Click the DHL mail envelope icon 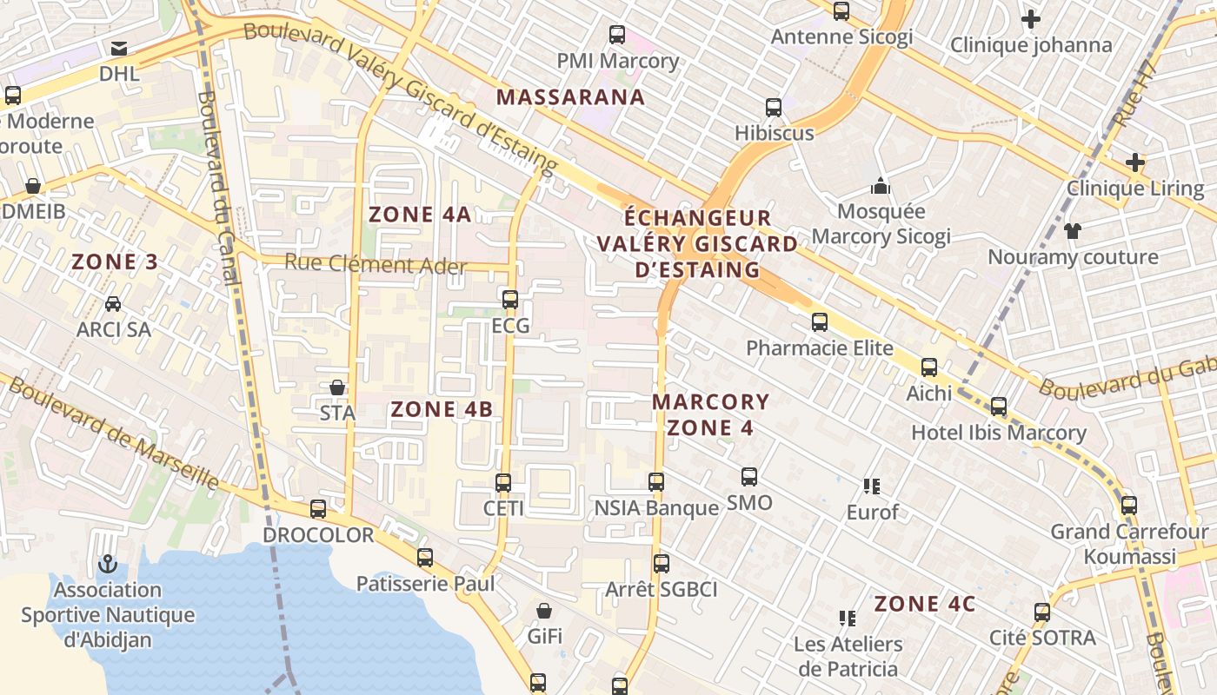(x=119, y=48)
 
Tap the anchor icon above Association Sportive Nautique (x=108, y=564)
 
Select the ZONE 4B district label (x=442, y=409)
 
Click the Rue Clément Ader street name (x=376, y=265)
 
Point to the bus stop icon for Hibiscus (x=774, y=108)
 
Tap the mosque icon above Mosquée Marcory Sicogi (x=881, y=186)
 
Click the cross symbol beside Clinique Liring (x=1134, y=162)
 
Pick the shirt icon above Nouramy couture (x=1072, y=231)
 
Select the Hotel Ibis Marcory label (x=998, y=433)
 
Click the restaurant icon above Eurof (x=872, y=486)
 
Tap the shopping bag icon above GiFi (x=544, y=612)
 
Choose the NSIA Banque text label (x=656, y=507)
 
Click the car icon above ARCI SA (x=113, y=304)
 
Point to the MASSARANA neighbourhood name (x=570, y=97)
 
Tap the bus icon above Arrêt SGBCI (x=662, y=564)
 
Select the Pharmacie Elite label (x=820, y=348)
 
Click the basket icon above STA (x=337, y=387)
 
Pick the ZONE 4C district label (x=925, y=604)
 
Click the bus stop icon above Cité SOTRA (x=1042, y=612)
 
